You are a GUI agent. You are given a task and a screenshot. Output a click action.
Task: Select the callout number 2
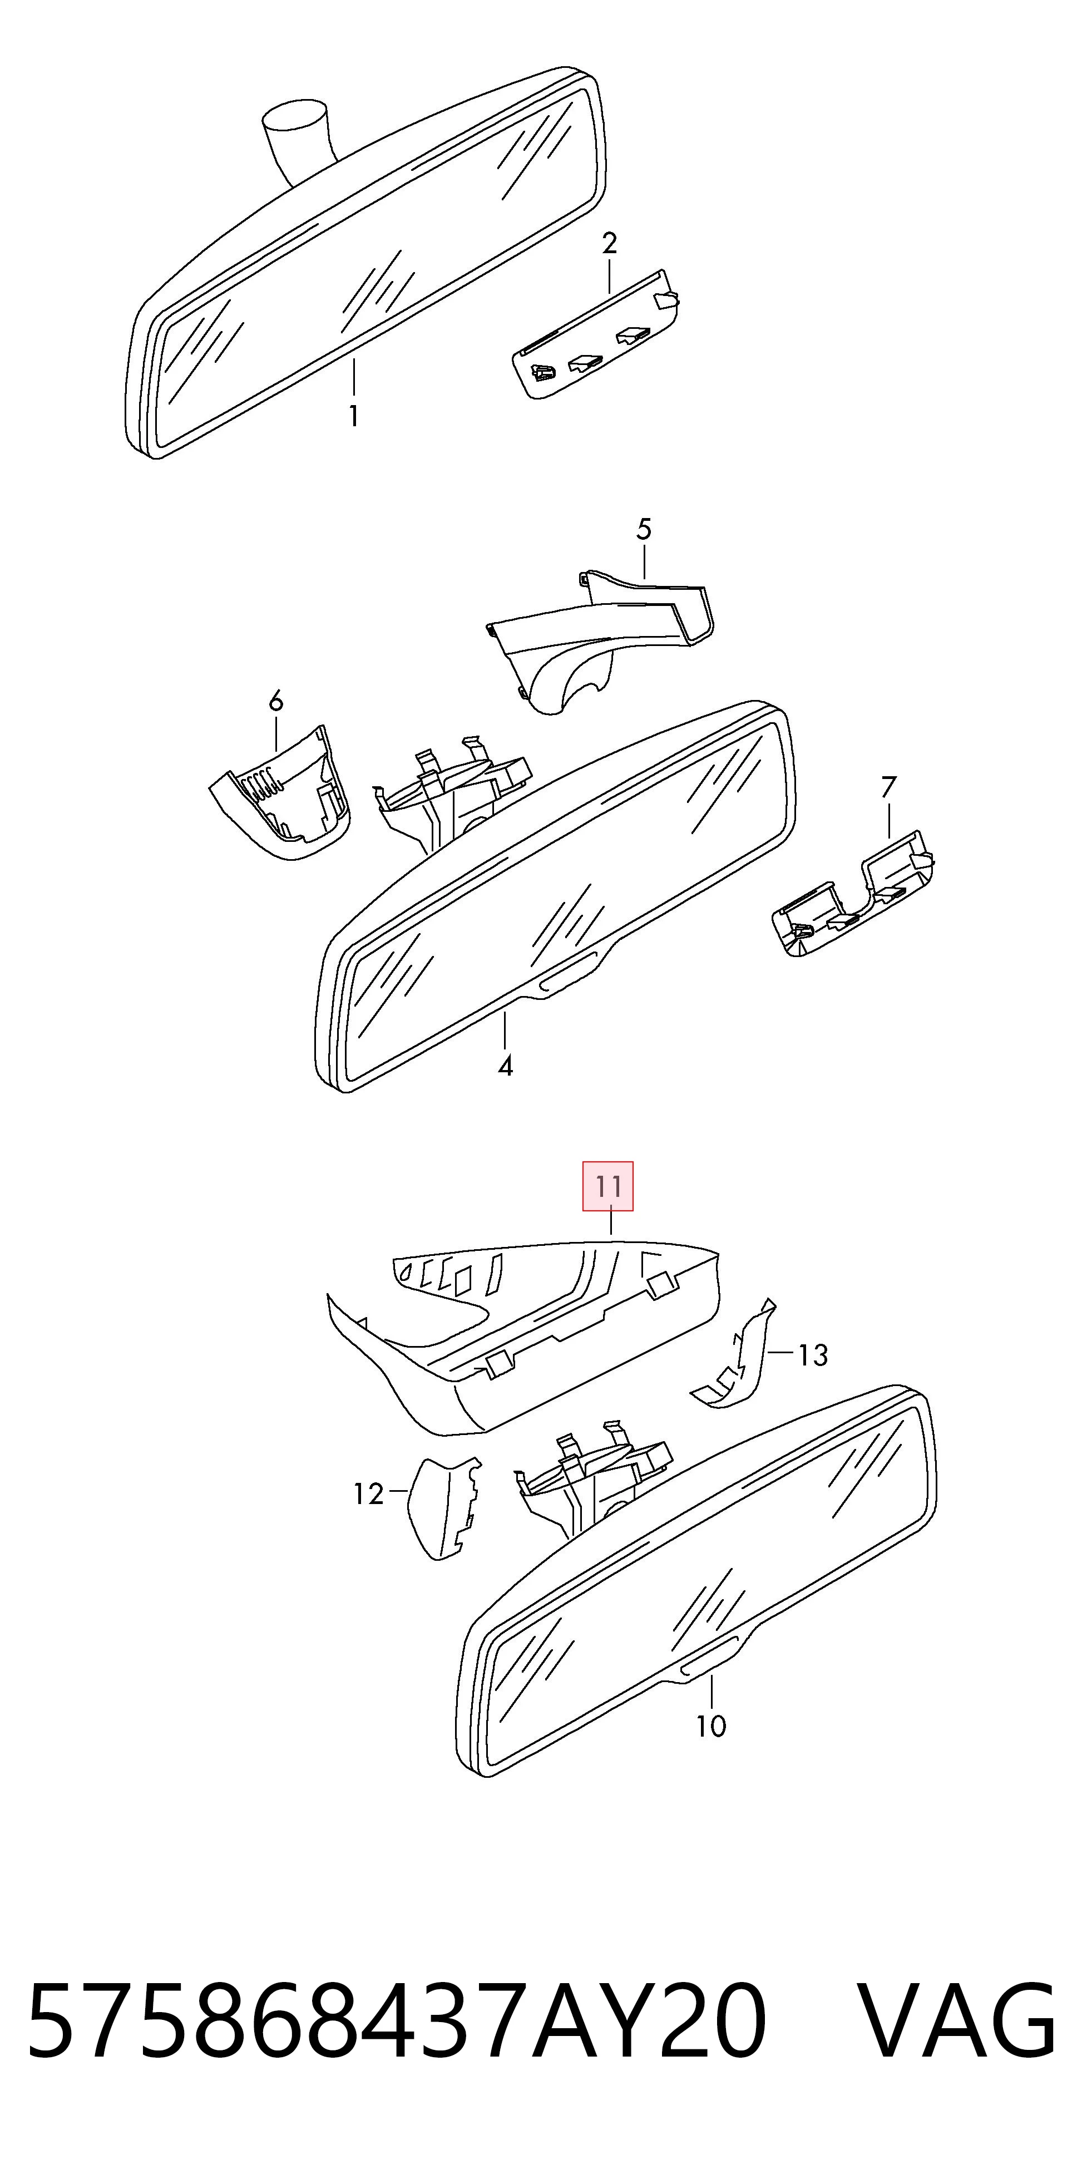click(609, 243)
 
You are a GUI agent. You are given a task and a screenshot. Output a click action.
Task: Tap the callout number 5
click(644, 530)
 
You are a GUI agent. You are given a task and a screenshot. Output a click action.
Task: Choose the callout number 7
click(888, 787)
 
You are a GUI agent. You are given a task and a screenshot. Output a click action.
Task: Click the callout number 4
click(506, 1066)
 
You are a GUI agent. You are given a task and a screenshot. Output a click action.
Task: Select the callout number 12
click(369, 1494)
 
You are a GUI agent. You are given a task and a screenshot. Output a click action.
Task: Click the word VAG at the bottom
click(959, 2020)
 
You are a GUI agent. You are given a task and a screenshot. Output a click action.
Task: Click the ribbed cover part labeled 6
click(280, 795)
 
